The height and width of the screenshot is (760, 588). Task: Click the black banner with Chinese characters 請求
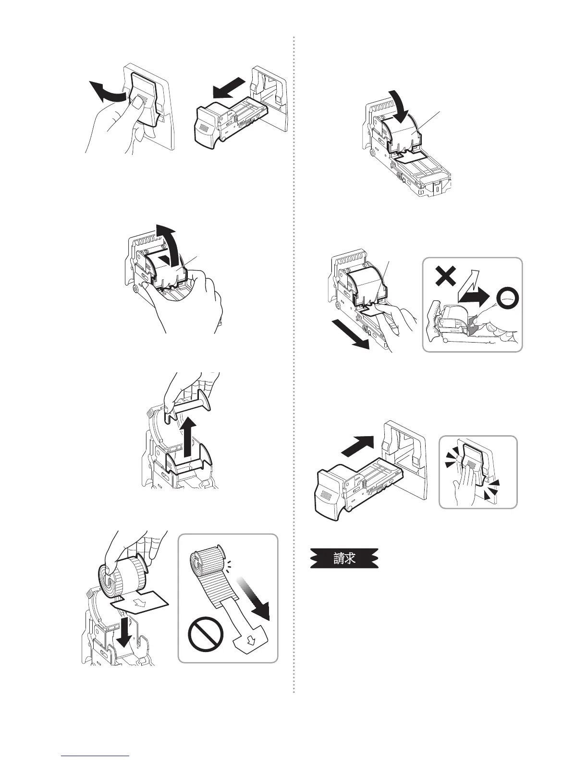click(x=344, y=559)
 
